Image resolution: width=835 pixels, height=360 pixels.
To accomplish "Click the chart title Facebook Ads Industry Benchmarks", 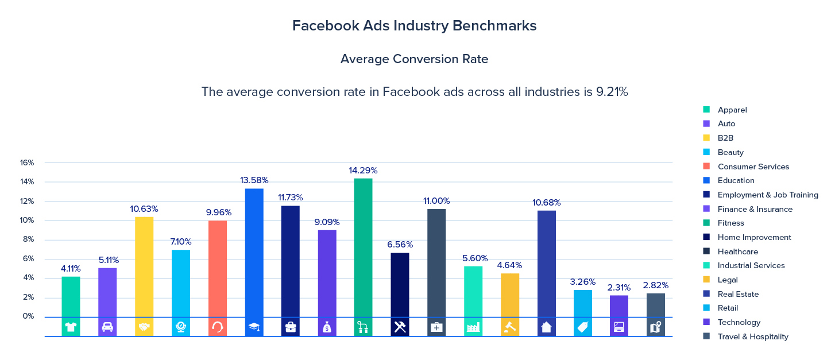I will pyautogui.click(x=414, y=26).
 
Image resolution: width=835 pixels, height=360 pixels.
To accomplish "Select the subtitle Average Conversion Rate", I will pyautogui.click(x=414, y=59).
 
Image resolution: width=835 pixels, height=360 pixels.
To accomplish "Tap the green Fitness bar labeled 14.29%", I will pyautogui.click(x=363, y=247).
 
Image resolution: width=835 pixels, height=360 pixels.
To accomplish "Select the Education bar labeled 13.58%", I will pyautogui.click(x=254, y=253).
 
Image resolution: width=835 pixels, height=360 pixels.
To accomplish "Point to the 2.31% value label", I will pyautogui.click(x=619, y=288).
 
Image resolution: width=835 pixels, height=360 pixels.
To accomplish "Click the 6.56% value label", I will pyautogui.click(x=400, y=245).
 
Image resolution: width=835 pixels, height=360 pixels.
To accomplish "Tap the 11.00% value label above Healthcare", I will pyautogui.click(x=436, y=201).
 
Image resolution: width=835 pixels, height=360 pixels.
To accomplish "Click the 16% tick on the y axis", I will pyautogui.click(x=27, y=163).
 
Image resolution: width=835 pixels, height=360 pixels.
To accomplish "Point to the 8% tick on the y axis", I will pyautogui.click(x=27, y=239).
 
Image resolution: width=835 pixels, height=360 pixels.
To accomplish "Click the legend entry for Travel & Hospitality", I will pyautogui.click(x=752, y=337).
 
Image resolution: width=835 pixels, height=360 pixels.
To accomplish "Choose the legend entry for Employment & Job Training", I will pyautogui.click(x=767, y=195).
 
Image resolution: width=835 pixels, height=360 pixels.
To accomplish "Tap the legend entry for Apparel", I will pyautogui.click(x=732, y=110).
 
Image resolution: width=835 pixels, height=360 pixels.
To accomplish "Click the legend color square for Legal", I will pyautogui.click(x=706, y=280).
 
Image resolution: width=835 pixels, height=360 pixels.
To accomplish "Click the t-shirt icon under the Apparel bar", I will pyautogui.click(x=71, y=327).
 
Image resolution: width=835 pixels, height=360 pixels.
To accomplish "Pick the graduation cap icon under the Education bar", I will pyautogui.click(x=254, y=327).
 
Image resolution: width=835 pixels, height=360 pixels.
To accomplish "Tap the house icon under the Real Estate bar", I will pyautogui.click(x=546, y=327).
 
